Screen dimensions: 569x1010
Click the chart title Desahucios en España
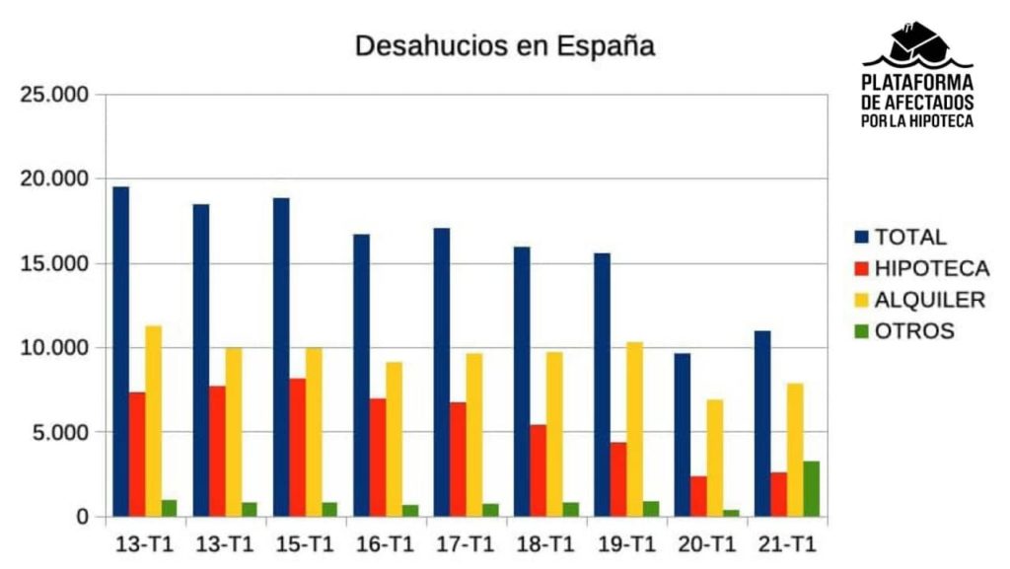coord(504,46)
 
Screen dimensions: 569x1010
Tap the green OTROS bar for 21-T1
coord(811,489)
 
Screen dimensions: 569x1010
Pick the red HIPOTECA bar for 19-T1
coord(617,479)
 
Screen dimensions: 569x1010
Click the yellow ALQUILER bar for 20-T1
coord(714,458)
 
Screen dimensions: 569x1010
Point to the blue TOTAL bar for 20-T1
coord(683,435)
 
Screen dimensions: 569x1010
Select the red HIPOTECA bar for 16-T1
coord(378,458)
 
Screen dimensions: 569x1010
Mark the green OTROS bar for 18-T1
coord(570,510)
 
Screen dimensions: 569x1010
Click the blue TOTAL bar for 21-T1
coord(762,424)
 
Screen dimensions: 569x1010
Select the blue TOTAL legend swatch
coord(861,238)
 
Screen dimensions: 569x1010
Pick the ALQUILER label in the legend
coord(929,300)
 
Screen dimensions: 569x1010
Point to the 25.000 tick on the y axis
coord(55,95)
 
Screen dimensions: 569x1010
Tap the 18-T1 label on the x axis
coord(545,543)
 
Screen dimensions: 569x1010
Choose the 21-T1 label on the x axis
coord(786,543)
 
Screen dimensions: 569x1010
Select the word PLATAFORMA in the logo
coord(917,83)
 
